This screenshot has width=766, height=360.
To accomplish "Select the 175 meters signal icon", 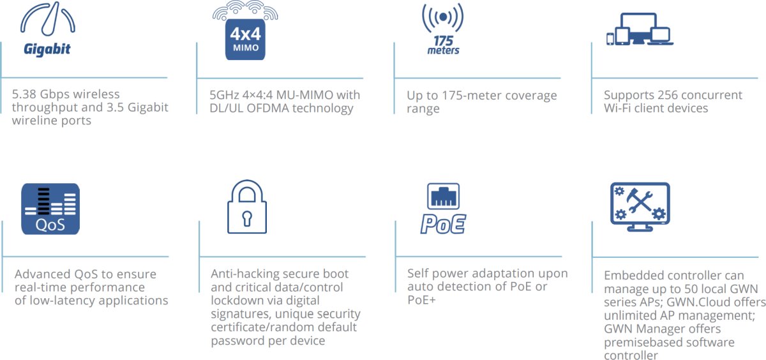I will [x=442, y=29].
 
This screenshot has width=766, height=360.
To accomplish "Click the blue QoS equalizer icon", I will [x=50, y=209].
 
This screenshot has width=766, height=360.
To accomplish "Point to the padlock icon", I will [x=247, y=207].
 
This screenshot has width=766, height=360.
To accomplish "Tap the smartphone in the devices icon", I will [x=610, y=39].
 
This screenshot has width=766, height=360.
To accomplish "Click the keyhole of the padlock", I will [x=247, y=217].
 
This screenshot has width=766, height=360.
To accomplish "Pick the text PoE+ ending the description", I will [x=421, y=299].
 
